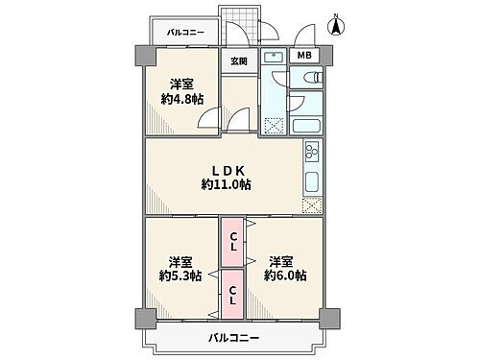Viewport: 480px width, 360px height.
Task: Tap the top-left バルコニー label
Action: click(185, 32)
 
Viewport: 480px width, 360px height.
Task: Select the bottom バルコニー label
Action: click(232, 337)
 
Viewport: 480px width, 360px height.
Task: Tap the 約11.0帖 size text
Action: click(227, 183)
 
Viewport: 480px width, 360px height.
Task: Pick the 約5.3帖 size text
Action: click(180, 276)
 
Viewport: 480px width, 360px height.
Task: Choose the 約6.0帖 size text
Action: click(285, 276)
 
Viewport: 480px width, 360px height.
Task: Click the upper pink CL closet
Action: click(232, 245)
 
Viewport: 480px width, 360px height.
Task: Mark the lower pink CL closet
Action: click(232, 294)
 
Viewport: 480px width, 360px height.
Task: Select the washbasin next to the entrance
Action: click(273, 59)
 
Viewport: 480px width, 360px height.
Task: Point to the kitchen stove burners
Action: click(311, 151)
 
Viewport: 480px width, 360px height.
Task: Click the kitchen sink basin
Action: click(311, 181)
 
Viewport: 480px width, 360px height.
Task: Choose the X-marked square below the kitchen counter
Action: click(311, 204)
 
